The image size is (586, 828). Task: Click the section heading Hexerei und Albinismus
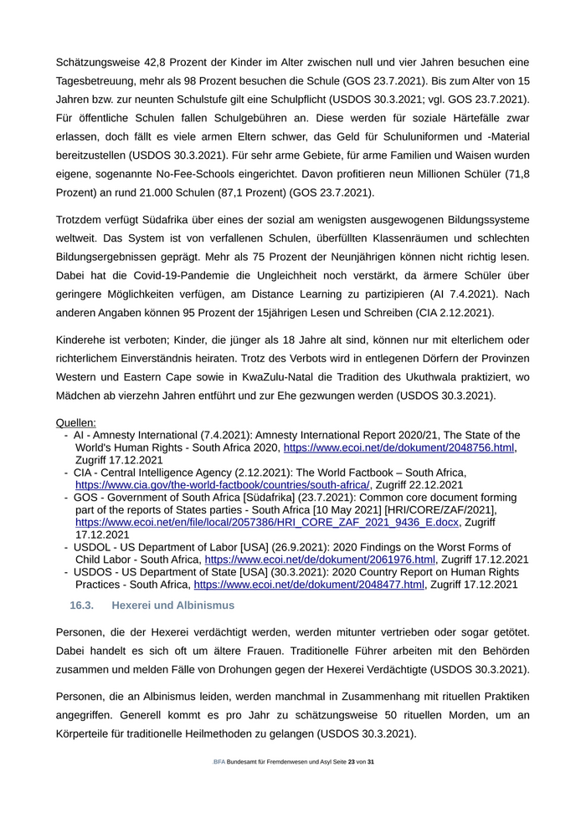(172, 605)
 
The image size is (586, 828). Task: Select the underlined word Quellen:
(76, 422)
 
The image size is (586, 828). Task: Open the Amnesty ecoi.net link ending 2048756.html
(398, 447)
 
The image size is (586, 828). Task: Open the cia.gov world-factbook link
(223, 484)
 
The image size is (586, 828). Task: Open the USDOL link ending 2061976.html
(320, 559)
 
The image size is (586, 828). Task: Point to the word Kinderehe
(84, 339)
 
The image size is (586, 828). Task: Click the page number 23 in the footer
(352, 762)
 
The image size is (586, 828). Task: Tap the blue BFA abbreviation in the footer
(219, 762)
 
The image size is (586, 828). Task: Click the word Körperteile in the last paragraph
(86, 733)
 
